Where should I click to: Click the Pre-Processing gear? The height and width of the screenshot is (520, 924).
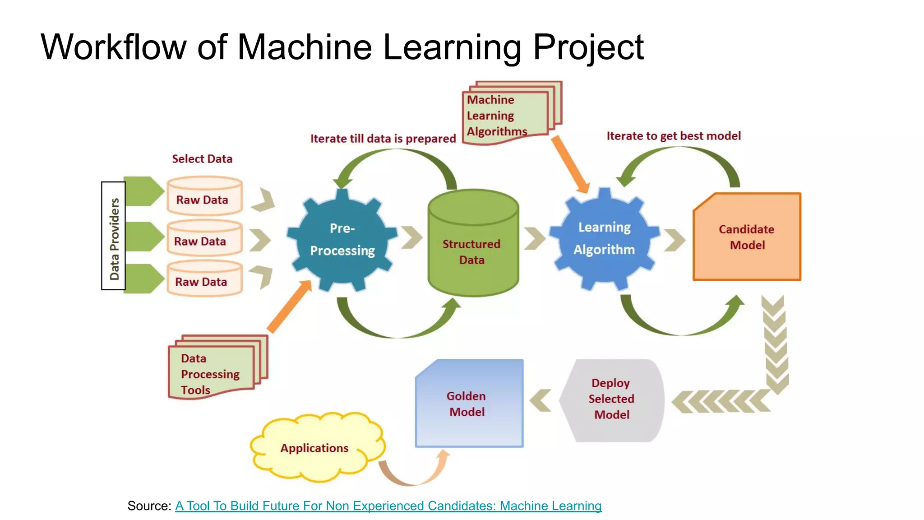342,240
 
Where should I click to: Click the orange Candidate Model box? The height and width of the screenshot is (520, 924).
747,237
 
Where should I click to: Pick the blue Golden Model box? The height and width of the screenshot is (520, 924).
469,404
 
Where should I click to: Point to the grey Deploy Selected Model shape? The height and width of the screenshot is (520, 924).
611,399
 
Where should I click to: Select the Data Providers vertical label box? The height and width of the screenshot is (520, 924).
114,236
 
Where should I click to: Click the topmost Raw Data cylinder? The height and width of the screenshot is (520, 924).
204,196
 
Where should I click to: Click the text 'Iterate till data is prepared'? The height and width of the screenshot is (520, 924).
383,139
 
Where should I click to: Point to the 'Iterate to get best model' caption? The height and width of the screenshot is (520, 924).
673,136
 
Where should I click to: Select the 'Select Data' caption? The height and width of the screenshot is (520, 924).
202,159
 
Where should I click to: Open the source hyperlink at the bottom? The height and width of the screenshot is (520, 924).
388,506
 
